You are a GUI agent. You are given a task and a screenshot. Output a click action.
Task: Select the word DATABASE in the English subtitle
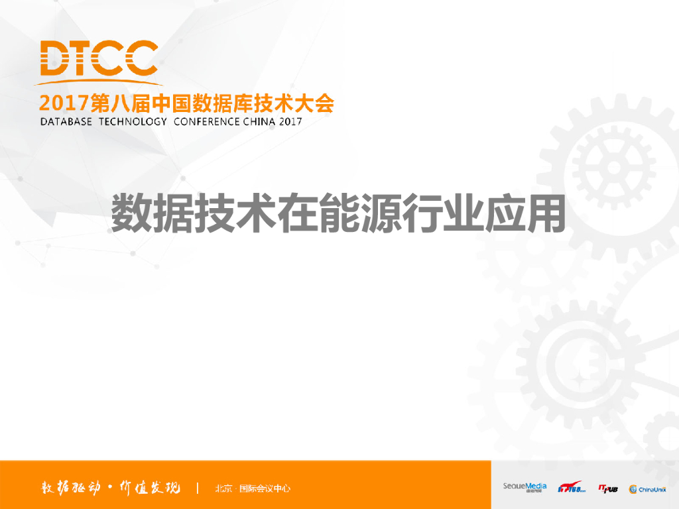pyautogui.click(x=66, y=122)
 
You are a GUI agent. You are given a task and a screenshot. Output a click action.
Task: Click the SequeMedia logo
pyautogui.click(x=525, y=487)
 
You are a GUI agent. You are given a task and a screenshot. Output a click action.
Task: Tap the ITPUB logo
pyautogui.click(x=607, y=488)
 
